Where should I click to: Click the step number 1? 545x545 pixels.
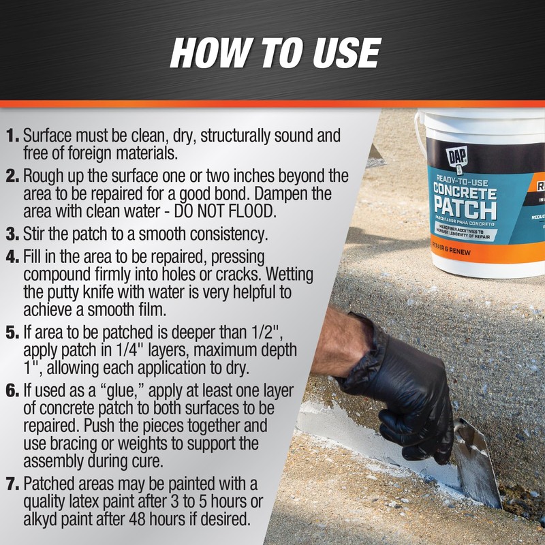14,136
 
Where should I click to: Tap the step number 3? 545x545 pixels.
14,236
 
